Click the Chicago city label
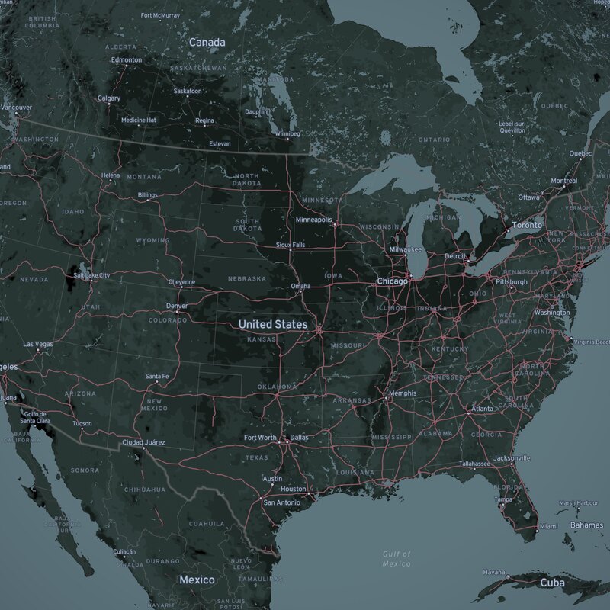(393, 281)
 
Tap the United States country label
(273, 325)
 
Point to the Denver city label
(176, 307)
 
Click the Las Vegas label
(38, 345)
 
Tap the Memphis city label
(402, 393)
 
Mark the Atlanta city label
(482, 409)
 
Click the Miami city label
(547, 526)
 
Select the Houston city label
(293, 489)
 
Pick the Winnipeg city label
(288, 134)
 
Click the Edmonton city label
(126, 59)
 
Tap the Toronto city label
(526, 226)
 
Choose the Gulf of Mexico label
(396, 558)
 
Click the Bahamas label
(586, 525)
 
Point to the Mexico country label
(197, 580)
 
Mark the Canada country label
(207, 42)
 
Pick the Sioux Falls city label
(290, 245)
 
